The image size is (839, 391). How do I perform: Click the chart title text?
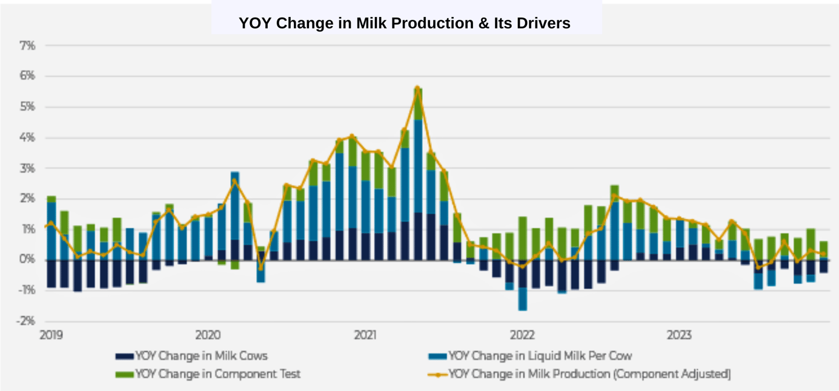[x=404, y=23]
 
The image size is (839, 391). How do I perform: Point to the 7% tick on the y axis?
[x=28, y=45]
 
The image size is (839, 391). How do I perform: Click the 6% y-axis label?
[x=28, y=76]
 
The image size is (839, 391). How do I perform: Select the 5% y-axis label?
[x=28, y=107]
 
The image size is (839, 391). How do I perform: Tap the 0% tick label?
[x=28, y=260]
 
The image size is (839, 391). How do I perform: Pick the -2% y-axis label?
[x=27, y=321]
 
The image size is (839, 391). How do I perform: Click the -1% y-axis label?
[x=27, y=291]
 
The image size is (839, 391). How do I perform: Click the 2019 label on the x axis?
[x=51, y=335]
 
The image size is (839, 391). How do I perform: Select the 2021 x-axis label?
[x=365, y=335]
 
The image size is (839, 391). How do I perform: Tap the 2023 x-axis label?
[x=680, y=335]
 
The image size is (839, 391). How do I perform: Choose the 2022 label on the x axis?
[x=522, y=335]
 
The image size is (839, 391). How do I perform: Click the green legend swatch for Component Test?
[x=124, y=375]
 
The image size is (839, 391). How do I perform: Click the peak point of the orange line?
[x=417, y=88]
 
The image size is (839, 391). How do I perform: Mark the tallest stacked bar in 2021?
[x=418, y=176]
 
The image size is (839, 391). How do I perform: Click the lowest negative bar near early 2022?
[x=522, y=299]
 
